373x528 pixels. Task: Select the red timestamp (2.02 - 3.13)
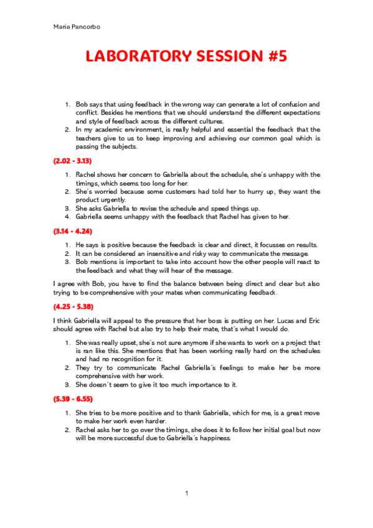click(72, 161)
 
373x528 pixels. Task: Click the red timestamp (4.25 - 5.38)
click(72, 306)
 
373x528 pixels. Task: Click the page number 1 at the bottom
click(186, 494)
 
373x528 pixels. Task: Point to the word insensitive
click(165, 253)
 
